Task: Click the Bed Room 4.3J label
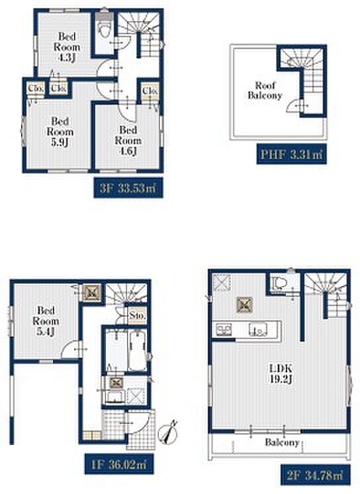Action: [x=66, y=47]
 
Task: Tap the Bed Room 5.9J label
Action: [x=60, y=132]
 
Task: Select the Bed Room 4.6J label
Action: [x=128, y=140]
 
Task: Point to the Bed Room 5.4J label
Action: [x=46, y=321]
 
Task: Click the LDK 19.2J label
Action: [x=281, y=373]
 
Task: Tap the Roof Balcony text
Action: [x=265, y=91]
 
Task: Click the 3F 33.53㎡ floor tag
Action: [x=128, y=188]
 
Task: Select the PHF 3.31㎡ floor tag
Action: [x=291, y=154]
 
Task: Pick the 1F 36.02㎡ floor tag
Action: [x=119, y=464]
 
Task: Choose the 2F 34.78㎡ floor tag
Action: [x=315, y=475]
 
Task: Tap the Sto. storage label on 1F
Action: [x=138, y=315]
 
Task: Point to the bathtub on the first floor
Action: [x=138, y=350]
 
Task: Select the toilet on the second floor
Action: [x=279, y=282]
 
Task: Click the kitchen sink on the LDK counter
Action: [x=258, y=329]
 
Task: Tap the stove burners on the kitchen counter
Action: [x=224, y=330]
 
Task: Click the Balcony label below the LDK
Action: [x=282, y=442]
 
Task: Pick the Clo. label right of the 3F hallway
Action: [x=150, y=91]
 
